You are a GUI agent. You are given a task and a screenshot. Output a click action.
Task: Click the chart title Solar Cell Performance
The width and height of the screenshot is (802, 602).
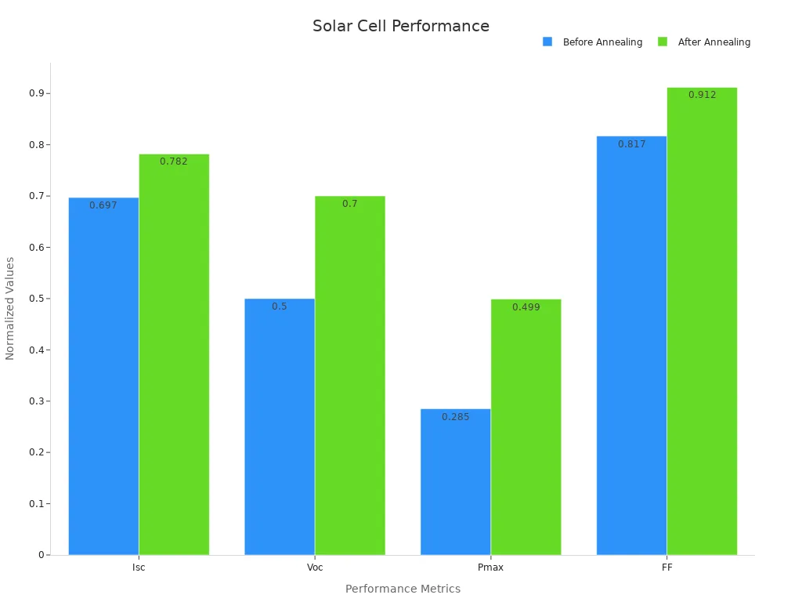(x=401, y=26)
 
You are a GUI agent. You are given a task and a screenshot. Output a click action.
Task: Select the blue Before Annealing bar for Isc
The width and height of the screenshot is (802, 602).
(x=103, y=376)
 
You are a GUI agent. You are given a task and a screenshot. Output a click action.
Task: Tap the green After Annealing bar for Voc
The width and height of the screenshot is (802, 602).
(x=350, y=376)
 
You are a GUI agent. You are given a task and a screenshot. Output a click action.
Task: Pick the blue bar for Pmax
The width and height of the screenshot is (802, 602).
(x=455, y=482)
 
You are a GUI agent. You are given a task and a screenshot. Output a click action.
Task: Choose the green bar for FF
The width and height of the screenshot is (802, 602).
(x=702, y=321)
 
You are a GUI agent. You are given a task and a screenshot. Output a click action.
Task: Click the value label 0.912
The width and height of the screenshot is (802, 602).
(x=702, y=95)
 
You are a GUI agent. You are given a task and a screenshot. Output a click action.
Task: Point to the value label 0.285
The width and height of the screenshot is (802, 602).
(x=455, y=417)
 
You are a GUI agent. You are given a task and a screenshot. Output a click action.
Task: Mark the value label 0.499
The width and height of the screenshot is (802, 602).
(x=526, y=307)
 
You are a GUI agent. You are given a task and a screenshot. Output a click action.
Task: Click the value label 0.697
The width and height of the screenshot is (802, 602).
(x=103, y=205)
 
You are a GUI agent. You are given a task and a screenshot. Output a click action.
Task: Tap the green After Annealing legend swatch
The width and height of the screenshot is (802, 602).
(x=663, y=42)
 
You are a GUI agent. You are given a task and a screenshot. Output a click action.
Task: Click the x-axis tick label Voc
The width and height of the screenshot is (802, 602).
(x=315, y=568)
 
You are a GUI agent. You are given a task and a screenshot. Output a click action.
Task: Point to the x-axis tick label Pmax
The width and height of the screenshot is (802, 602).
(x=490, y=568)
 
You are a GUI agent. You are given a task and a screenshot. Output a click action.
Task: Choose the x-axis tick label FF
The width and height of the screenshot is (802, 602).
(x=667, y=568)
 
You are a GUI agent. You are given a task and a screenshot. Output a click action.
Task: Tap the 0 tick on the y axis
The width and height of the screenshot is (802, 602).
(x=42, y=555)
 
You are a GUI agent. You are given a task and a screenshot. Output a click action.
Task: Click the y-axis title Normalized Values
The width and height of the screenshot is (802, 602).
(x=10, y=308)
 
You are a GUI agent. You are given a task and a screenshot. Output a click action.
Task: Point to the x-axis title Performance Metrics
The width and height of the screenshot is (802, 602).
(x=403, y=589)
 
